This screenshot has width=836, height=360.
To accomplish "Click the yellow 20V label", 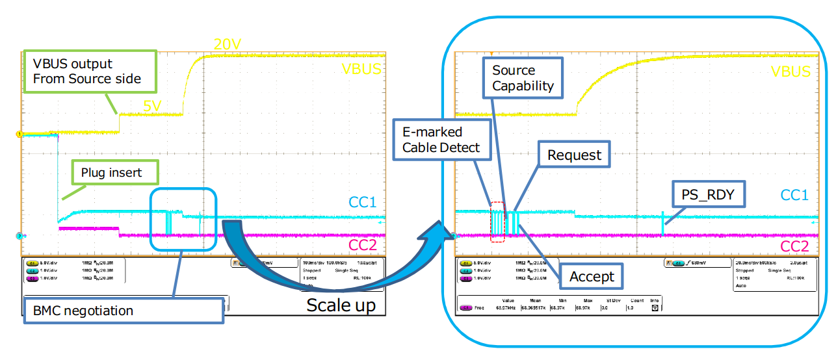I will [x=227, y=44].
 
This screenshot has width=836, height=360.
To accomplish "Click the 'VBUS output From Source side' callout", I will [x=90, y=72].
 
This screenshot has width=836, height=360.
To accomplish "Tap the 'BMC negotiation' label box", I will [x=124, y=311].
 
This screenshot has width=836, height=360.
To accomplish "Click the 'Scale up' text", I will [x=341, y=305].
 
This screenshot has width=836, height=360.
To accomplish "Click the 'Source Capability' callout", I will [x=523, y=78].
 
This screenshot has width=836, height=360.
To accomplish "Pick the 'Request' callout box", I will [x=574, y=155].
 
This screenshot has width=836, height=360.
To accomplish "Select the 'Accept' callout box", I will [x=591, y=277].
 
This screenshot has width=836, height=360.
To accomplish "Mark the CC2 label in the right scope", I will [x=794, y=246].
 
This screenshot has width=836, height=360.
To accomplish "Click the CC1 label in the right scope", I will [x=794, y=194].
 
